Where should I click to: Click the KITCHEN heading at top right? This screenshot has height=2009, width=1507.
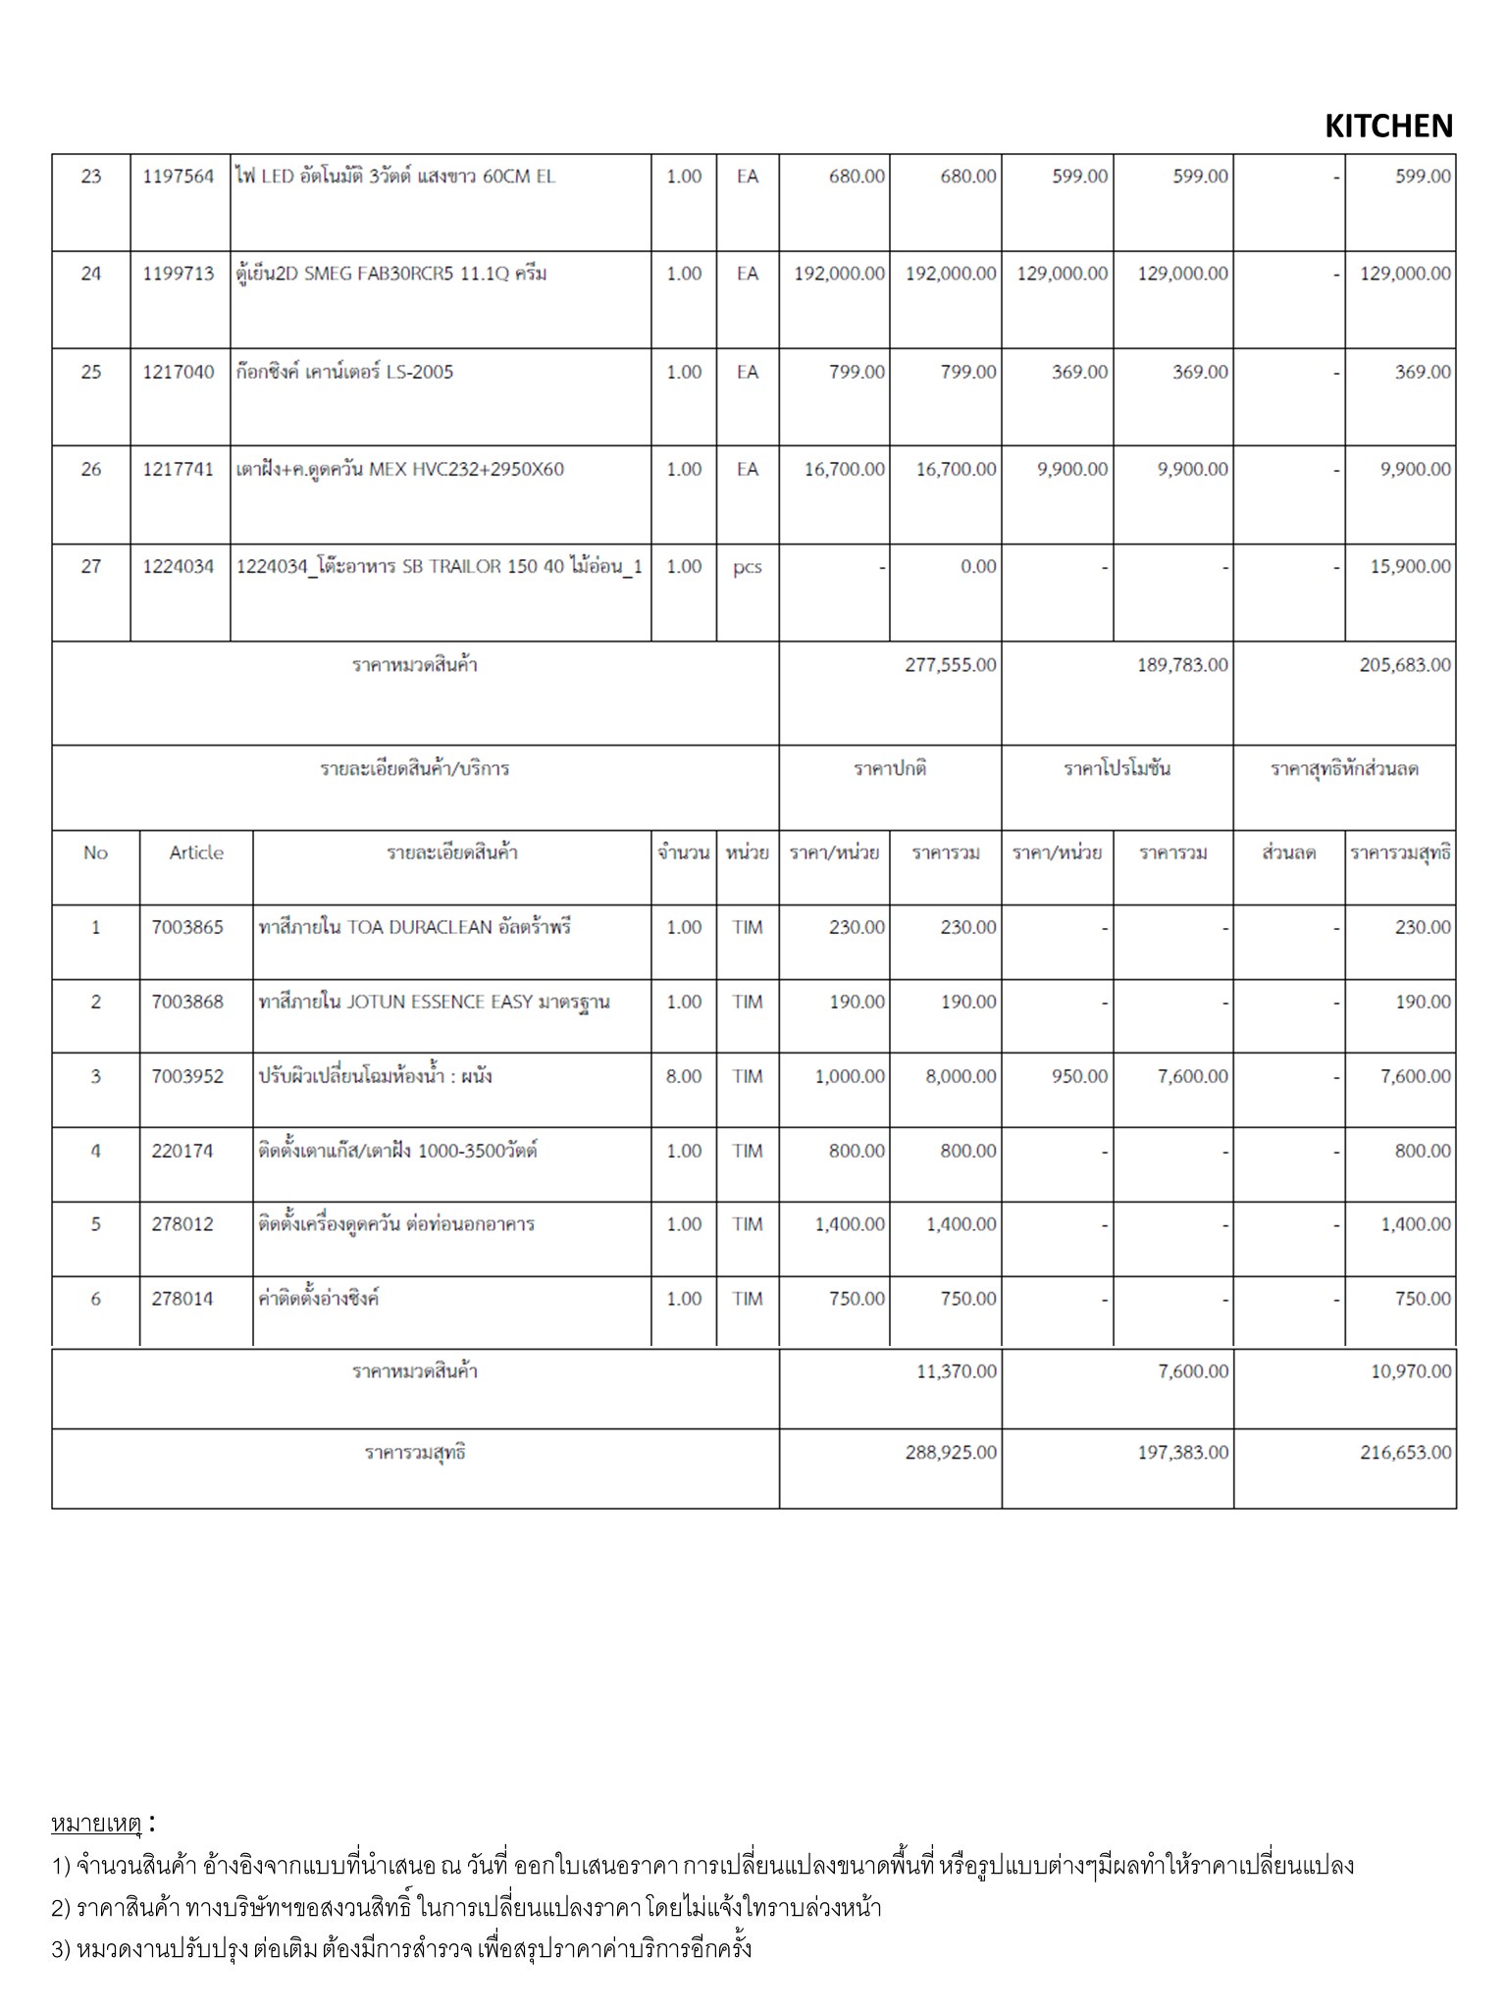click(1388, 127)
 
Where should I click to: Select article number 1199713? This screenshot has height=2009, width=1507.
click(179, 274)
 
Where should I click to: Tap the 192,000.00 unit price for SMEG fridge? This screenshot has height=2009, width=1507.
click(839, 274)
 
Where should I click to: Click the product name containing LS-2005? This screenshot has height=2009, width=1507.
click(344, 372)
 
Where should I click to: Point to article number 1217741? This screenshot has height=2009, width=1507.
click(179, 469)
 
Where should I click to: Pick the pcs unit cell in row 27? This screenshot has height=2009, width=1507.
click(747, 567)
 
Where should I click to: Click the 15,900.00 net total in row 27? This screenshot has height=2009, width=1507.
click(1410, 567)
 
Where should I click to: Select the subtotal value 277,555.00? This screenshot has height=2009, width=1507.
click(950, 665)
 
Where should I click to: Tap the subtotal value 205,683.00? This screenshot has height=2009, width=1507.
click(1405, 665)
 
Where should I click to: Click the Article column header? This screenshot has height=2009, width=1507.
click(196, 852)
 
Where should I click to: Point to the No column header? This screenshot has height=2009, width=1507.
click(95, 852)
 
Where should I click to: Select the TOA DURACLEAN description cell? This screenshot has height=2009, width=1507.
click(414, 927)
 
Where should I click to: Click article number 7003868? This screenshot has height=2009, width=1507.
click(187, 1002)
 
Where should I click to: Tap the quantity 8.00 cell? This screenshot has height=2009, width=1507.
click(684, 1076)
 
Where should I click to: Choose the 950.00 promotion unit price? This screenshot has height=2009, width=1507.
click(1079, 1076)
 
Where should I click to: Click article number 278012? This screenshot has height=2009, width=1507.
click(182, 1224)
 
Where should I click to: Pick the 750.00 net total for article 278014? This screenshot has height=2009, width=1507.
click(1423, 1299)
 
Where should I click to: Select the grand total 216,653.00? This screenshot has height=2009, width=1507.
click(1405, 1452)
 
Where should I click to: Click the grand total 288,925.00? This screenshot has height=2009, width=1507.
click(950, 1452)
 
